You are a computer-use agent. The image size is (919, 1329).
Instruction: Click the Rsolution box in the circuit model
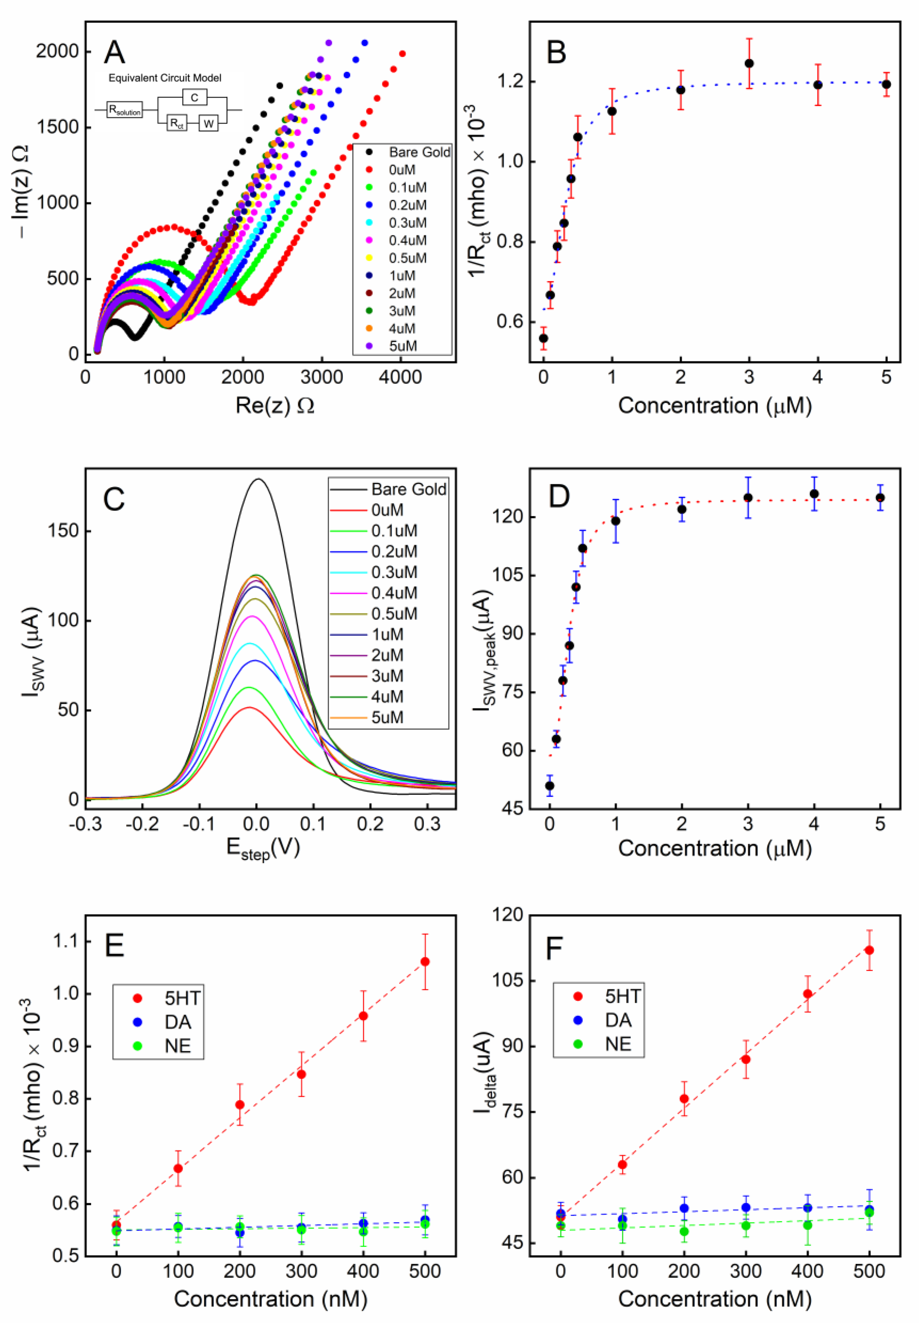coord(124,110)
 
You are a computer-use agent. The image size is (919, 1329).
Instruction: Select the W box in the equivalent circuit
coord(208,123)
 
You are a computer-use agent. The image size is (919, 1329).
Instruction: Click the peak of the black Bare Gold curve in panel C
coord(257,479)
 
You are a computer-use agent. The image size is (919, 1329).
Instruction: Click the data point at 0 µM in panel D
coord(549,786)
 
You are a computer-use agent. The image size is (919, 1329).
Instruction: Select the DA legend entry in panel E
coord(177,1022)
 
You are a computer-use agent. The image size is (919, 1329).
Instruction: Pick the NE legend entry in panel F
coord(618,1044)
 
